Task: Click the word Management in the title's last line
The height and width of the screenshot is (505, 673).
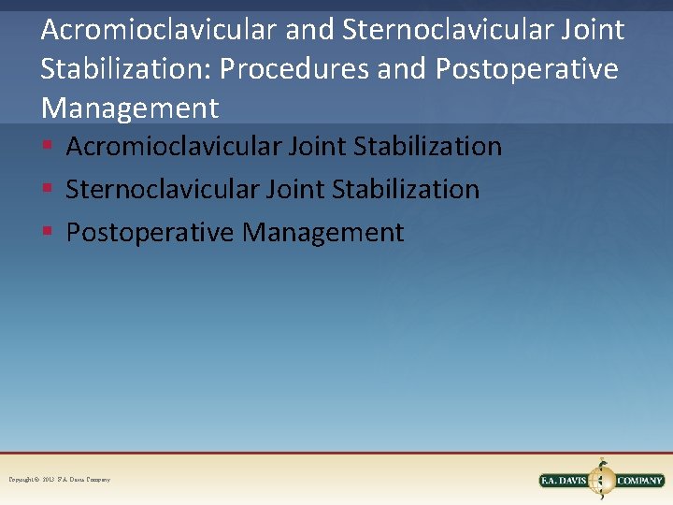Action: click(x=129, y=108)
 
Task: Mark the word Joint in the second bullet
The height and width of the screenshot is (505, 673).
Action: click(x=291, y=190)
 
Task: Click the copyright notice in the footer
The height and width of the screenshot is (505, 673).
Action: click(x=60, y=480)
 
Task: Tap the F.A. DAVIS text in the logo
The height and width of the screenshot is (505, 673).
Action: click(x=566, y=481)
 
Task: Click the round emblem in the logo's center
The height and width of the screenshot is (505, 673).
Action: click(x=604, y=480)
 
